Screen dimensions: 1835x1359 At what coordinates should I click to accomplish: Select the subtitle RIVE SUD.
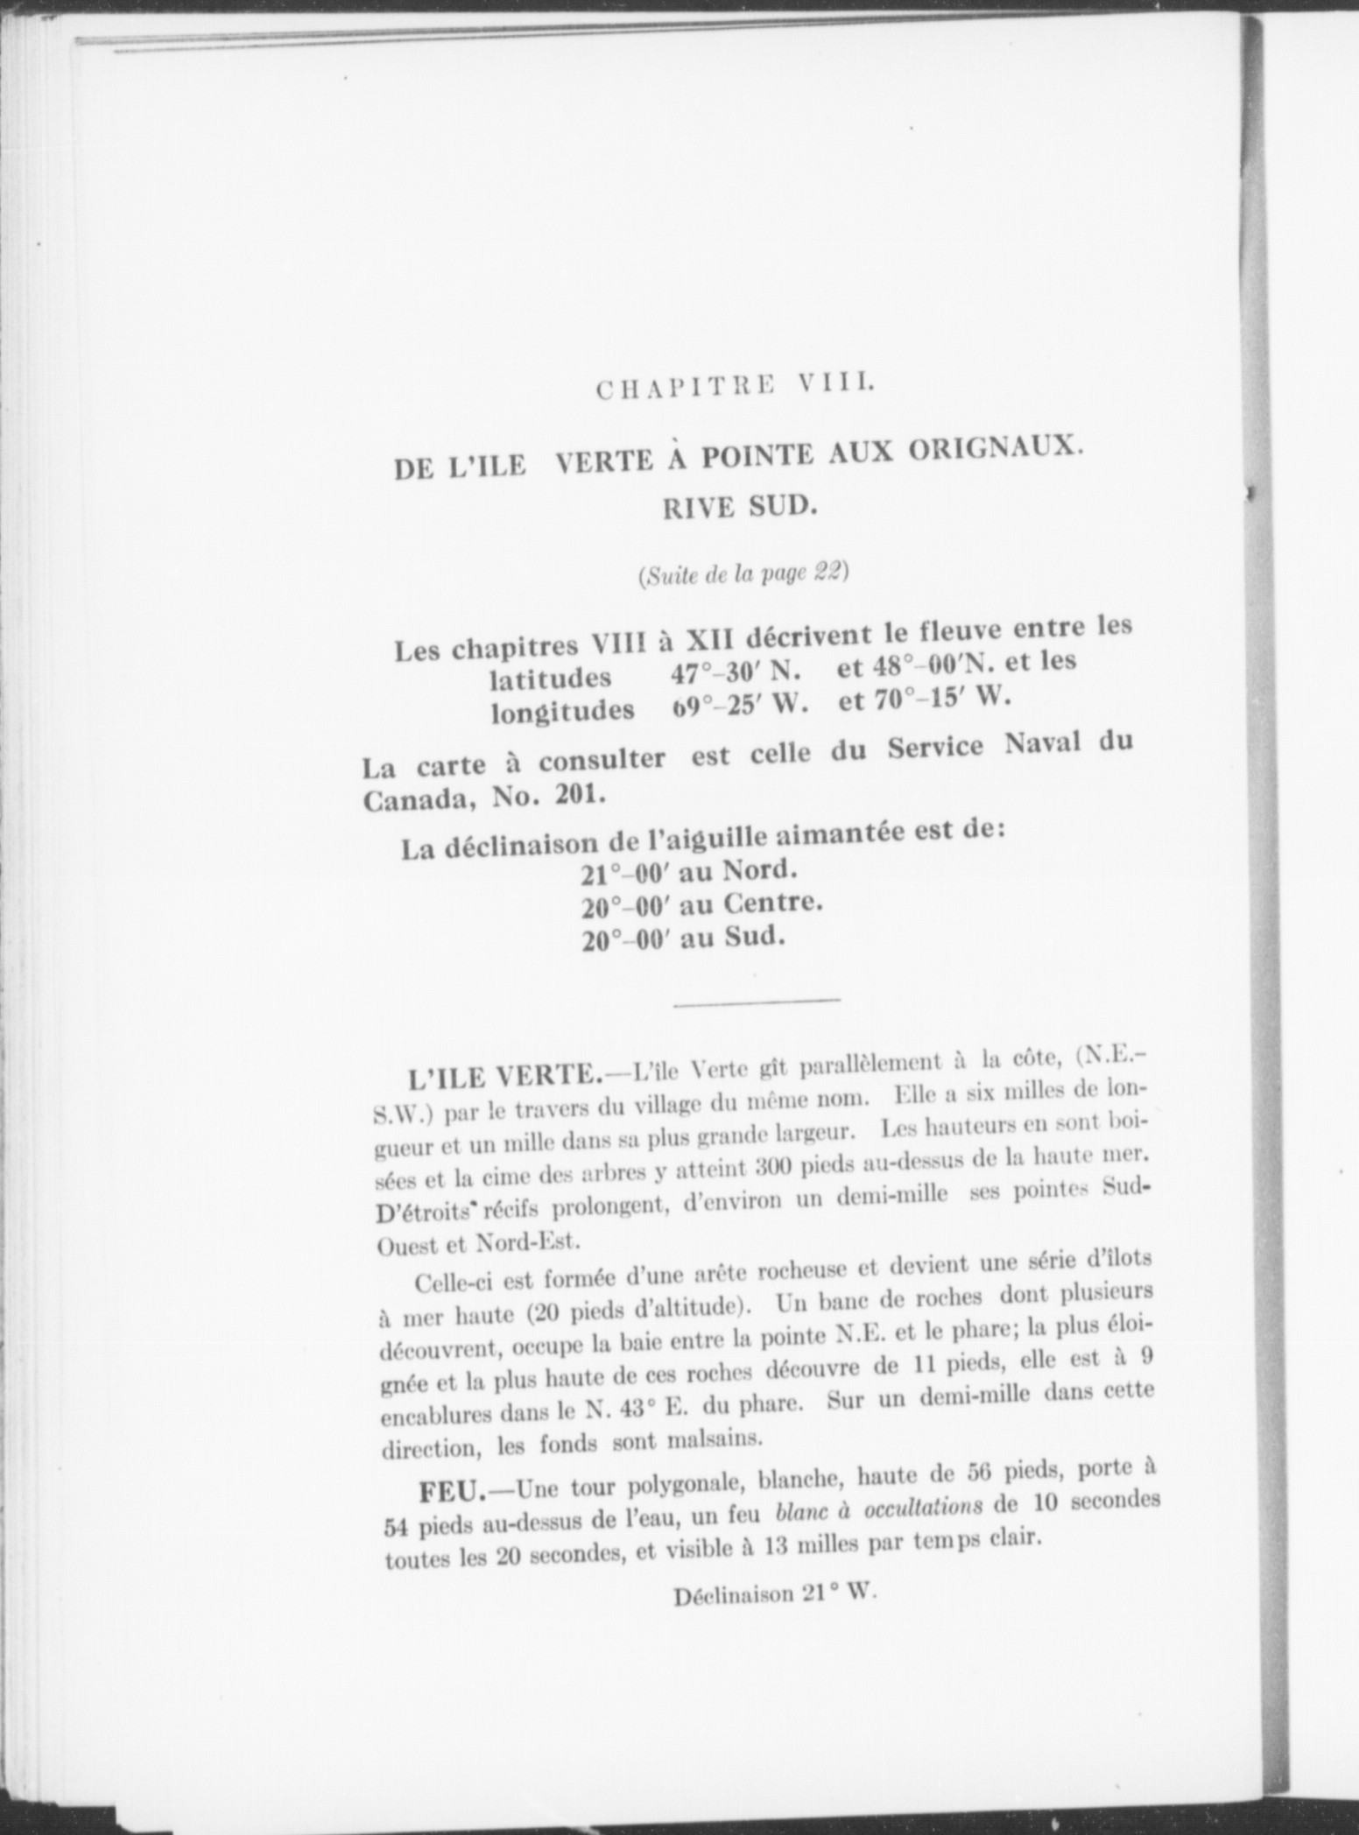pyautogui.click(x=739, y=507)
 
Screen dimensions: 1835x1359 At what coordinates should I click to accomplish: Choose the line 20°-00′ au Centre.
pyautogui.click(x=701, y=904)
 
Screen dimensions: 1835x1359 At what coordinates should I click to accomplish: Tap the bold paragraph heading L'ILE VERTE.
pyautogui.click(x=499, y=1075)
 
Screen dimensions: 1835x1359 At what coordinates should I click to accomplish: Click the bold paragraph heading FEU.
pyautogui.click(x=458, y=1489)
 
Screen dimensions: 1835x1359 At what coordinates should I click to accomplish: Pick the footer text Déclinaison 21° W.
pyautogui.click(x=775, y=1594)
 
